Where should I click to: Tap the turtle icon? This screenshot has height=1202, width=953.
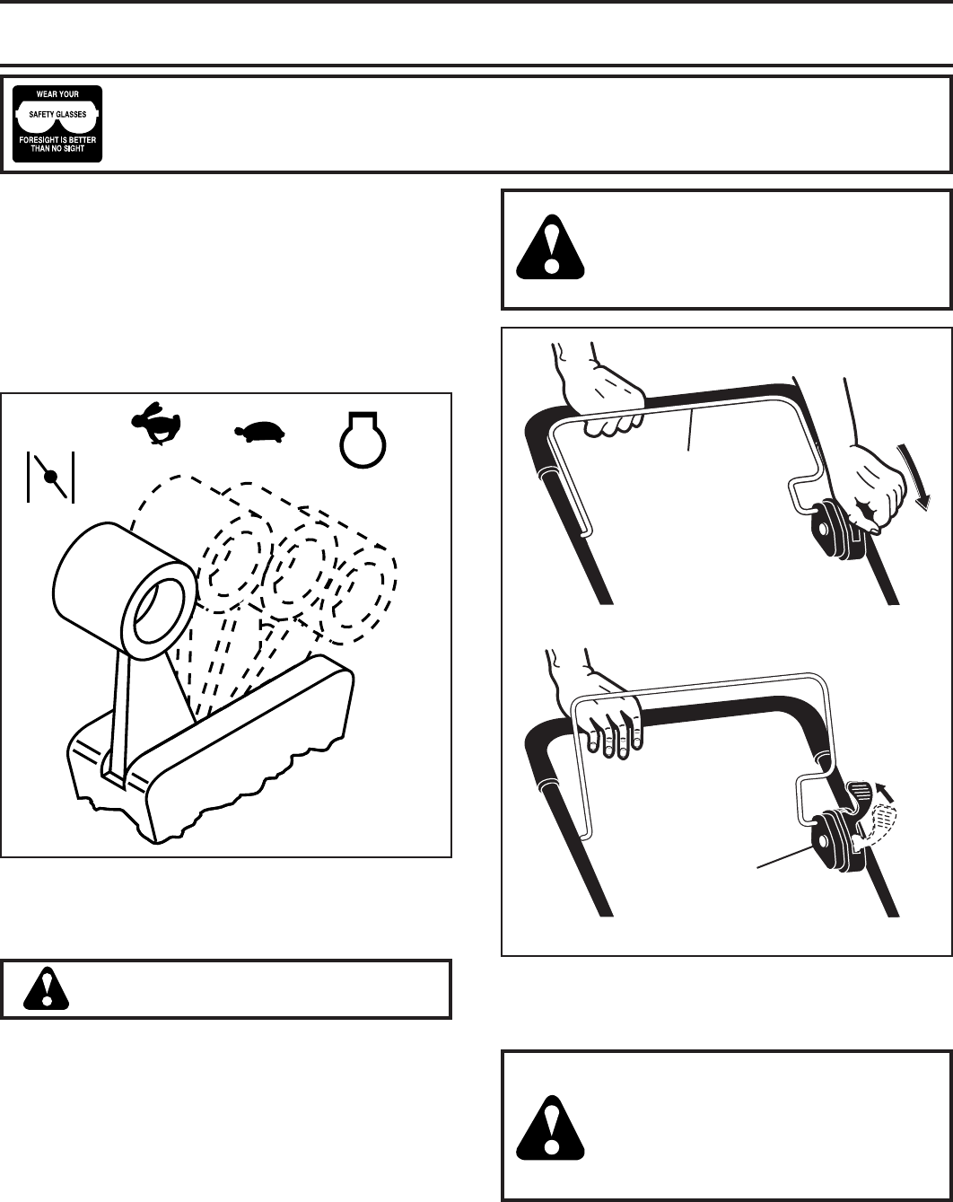pos(259,433)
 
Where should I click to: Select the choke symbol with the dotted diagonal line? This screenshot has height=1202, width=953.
pos(50,474)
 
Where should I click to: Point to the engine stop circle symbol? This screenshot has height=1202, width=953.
pos(362,436)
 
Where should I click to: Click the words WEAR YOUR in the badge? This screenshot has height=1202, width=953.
pos(57,94)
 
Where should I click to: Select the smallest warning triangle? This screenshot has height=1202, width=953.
pos(42,989)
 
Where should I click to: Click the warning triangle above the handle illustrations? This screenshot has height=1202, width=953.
pos(551,245)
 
